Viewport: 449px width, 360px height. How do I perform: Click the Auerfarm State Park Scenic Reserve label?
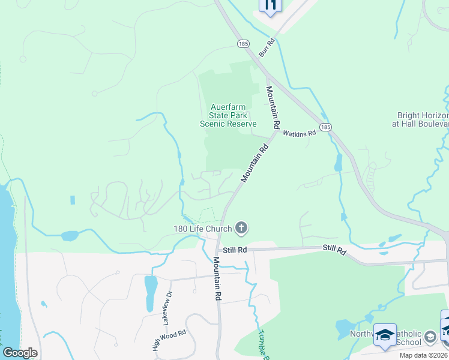tap(228, 115)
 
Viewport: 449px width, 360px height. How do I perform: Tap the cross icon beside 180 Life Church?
tap(241, 228)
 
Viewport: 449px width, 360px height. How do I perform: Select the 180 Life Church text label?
tap(203, 229)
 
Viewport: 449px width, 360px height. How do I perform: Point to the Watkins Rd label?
tap(299, 133)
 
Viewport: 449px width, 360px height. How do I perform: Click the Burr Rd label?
tap(267, 48)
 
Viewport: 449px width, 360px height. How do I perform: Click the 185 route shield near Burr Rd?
tap(243, 44)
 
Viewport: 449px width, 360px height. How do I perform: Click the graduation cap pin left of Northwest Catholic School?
tap(385, 335)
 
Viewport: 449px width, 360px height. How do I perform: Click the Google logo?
tap(20, 353)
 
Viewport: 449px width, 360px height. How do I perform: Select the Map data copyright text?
tap(424, 355)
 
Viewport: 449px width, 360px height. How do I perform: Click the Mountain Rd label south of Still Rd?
tap(217, 279)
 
